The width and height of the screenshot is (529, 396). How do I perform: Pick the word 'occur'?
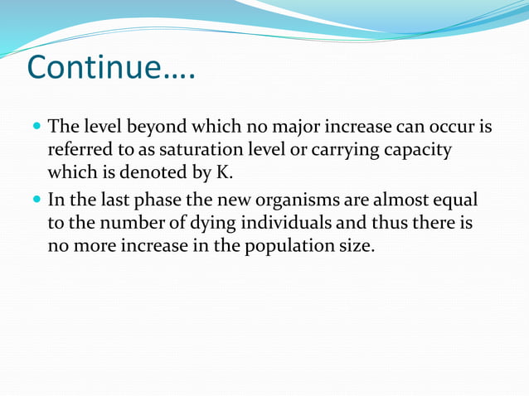453,128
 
